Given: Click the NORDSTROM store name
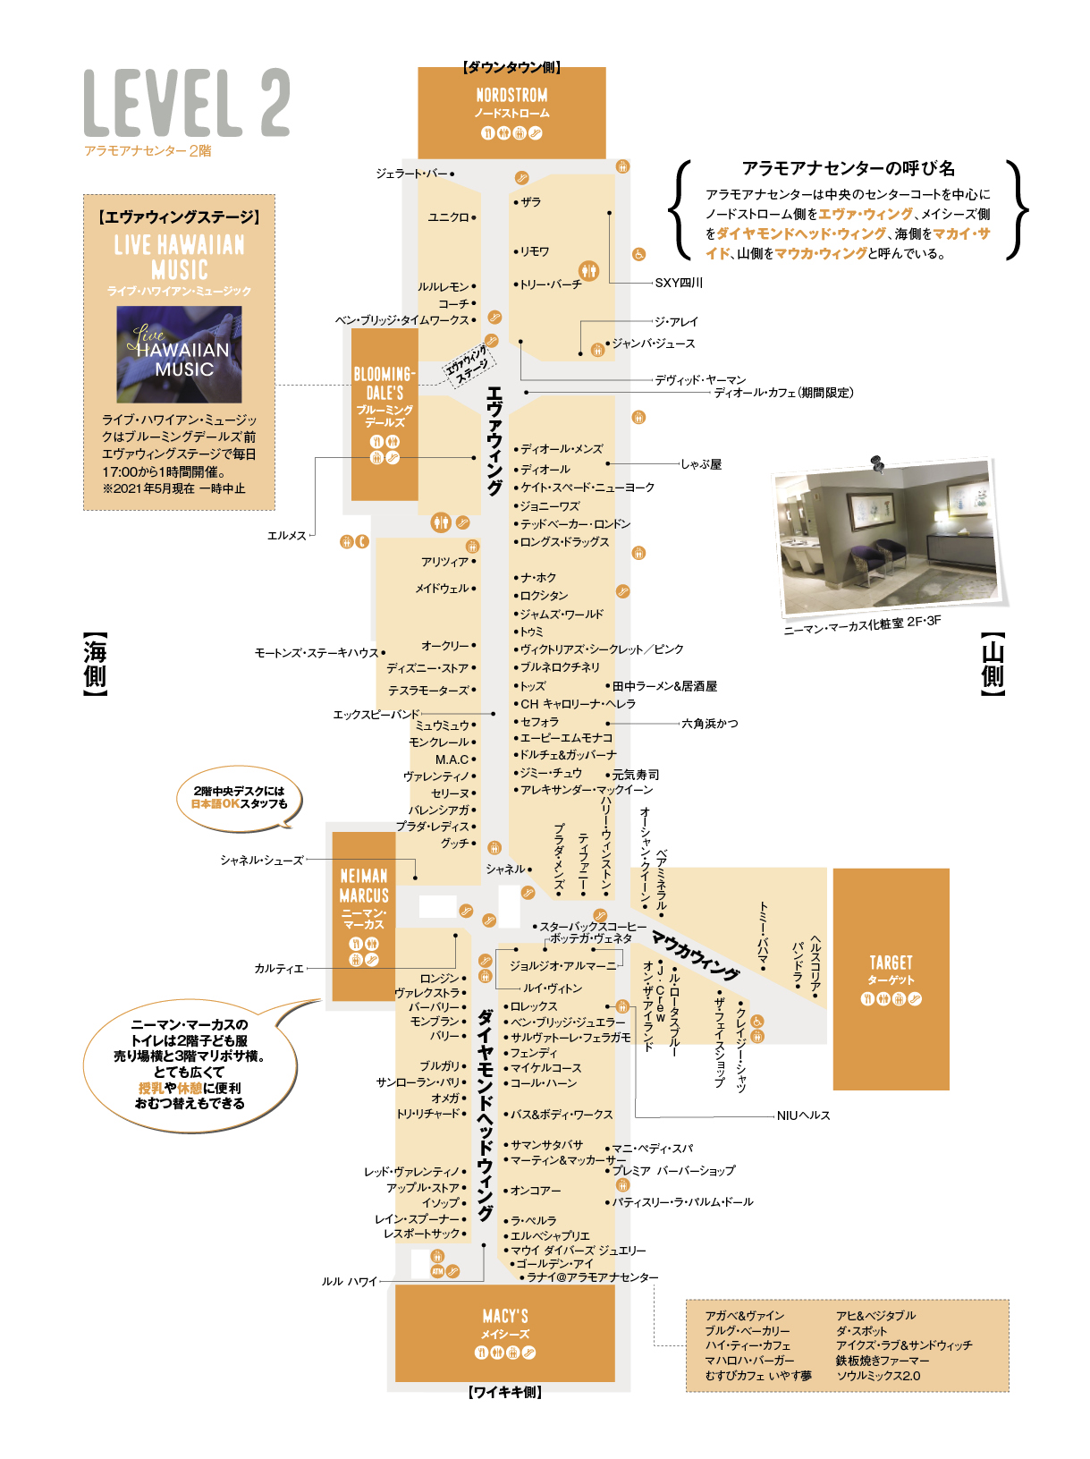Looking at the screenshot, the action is click(511, 95).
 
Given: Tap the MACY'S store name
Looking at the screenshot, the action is click(505, 1316).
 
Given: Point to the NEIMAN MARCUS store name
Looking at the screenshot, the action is click(363, 885).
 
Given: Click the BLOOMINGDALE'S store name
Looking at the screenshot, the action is click(384, 383).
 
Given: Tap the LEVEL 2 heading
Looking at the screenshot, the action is click(187, 102).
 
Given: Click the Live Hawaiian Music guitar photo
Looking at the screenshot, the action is click(179, 353).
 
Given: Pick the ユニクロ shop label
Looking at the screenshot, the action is click(448, 216).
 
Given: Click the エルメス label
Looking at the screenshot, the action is click(286, 535).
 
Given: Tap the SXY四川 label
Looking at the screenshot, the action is click(678, 283).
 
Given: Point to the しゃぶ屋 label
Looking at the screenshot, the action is click(700, 464).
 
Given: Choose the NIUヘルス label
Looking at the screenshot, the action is click(802, 1115).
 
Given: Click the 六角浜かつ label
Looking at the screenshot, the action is click(709, 723).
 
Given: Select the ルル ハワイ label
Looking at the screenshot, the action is click(349, 1281).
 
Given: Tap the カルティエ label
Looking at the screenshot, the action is click(278, 969).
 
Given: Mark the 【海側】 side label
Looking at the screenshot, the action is click(94, 664).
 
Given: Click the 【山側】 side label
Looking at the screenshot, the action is click(993, 664).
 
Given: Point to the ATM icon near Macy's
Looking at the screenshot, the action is click(437, 1271).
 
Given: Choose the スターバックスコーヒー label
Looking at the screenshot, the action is click(593, 926).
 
